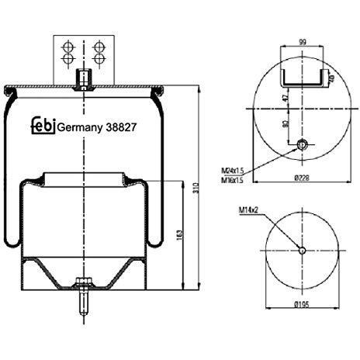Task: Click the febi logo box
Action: [x=43, y=126]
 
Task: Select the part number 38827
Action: [x=121, y=127]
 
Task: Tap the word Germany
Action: [x=80, y=128]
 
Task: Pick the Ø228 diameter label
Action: [x=302, y=178]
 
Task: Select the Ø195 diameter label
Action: [x=302, y=304]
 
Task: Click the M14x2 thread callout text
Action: [x=248, y=210]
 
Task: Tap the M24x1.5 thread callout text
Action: [x=233, y=171]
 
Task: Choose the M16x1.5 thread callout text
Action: [x=232, y=180]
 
